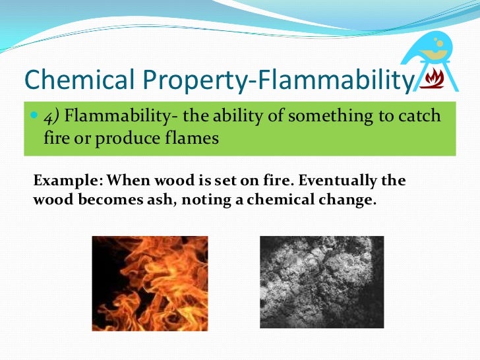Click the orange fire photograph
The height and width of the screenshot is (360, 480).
pos(150,283)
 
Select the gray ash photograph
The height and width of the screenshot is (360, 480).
pos(321,282)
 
